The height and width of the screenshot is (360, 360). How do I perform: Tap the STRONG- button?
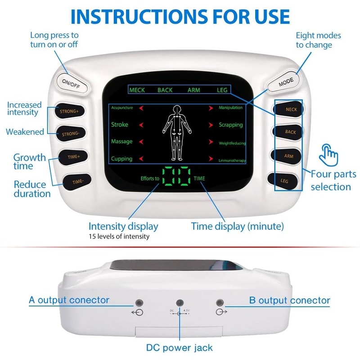[70, 134]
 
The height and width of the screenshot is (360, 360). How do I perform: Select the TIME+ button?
[73, 157]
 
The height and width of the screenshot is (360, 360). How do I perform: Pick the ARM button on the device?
[288, 156]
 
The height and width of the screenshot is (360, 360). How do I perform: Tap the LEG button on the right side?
[284, 180]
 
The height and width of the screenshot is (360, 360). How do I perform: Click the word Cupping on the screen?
[121, 159]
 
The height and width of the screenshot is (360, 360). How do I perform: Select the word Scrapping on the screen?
[230, 125]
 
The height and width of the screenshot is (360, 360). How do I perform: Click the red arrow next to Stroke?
[141, 125]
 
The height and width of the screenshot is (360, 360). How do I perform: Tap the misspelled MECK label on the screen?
[137, 90]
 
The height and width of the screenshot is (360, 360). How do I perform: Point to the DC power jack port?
[180, 303]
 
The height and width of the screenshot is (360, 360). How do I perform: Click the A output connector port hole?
[139, 303]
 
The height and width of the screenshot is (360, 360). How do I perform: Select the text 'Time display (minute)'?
[237, 226]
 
